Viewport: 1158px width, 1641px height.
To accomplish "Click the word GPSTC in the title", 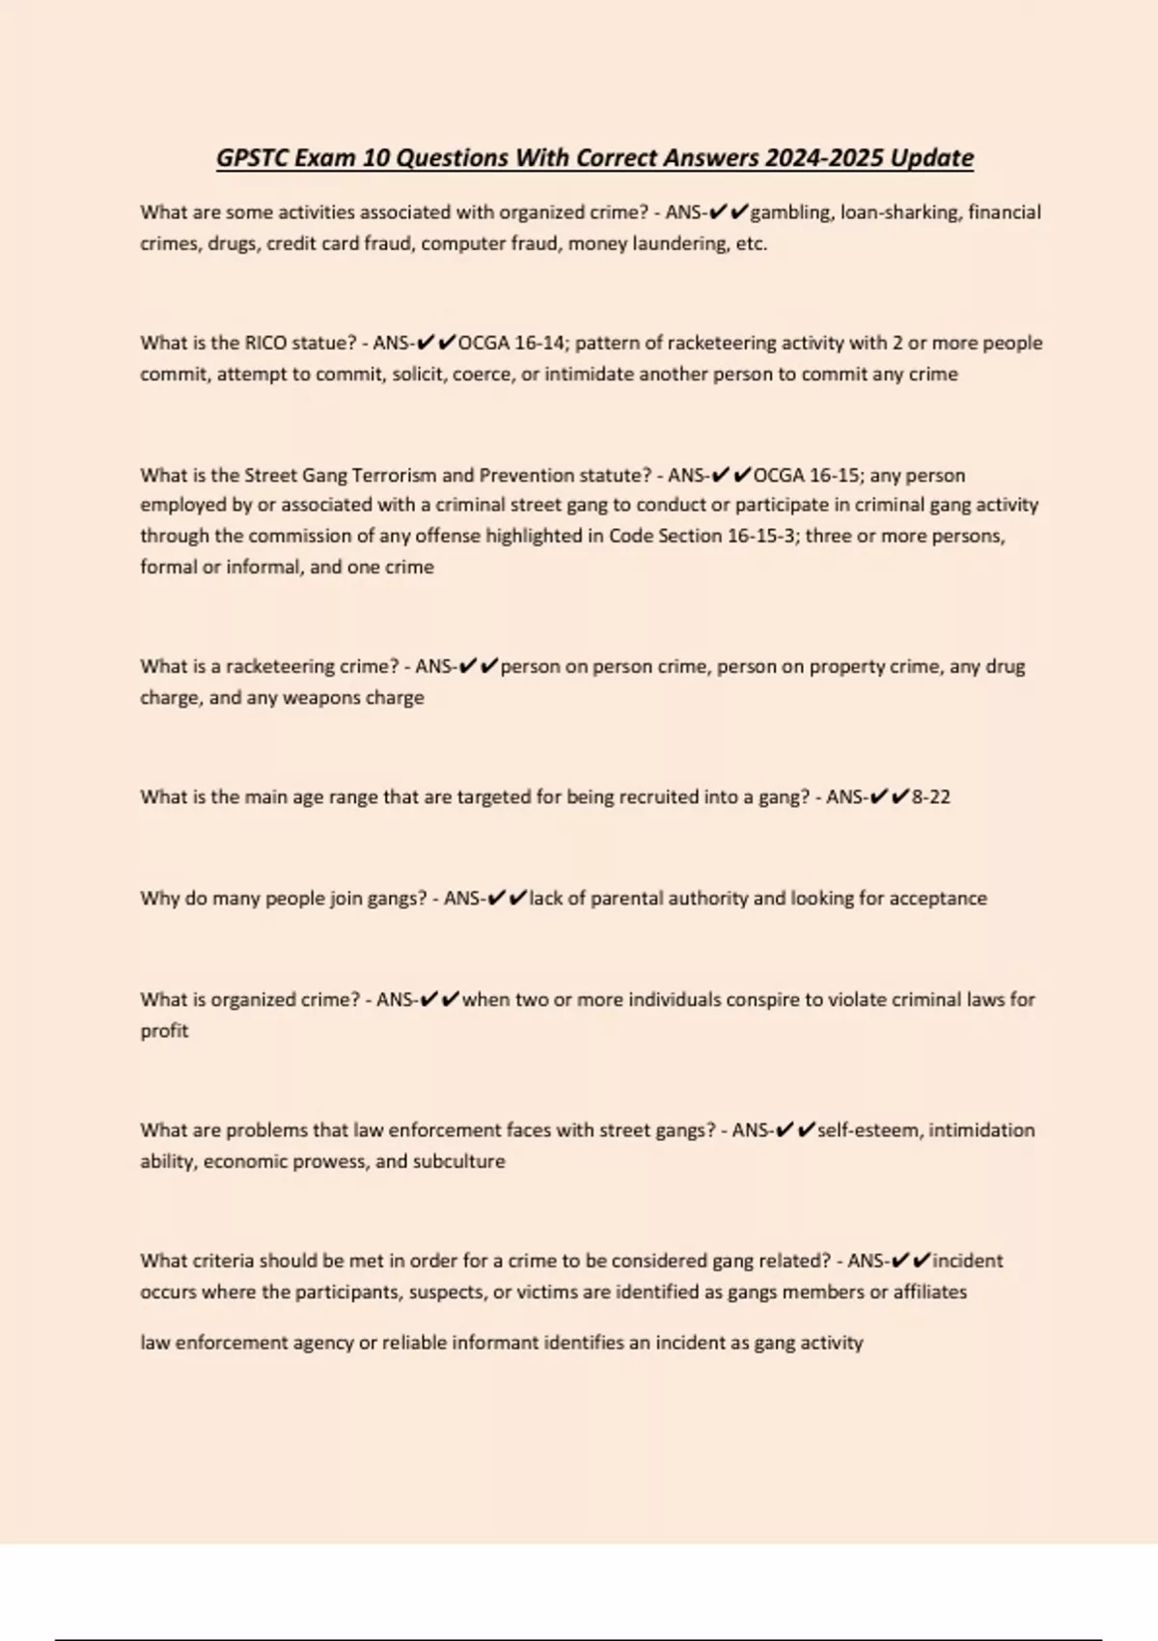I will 251,158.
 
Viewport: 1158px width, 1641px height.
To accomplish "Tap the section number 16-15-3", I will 747,536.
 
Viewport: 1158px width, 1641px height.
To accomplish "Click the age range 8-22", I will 930,797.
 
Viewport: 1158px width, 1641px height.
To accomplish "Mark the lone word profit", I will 164,1031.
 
